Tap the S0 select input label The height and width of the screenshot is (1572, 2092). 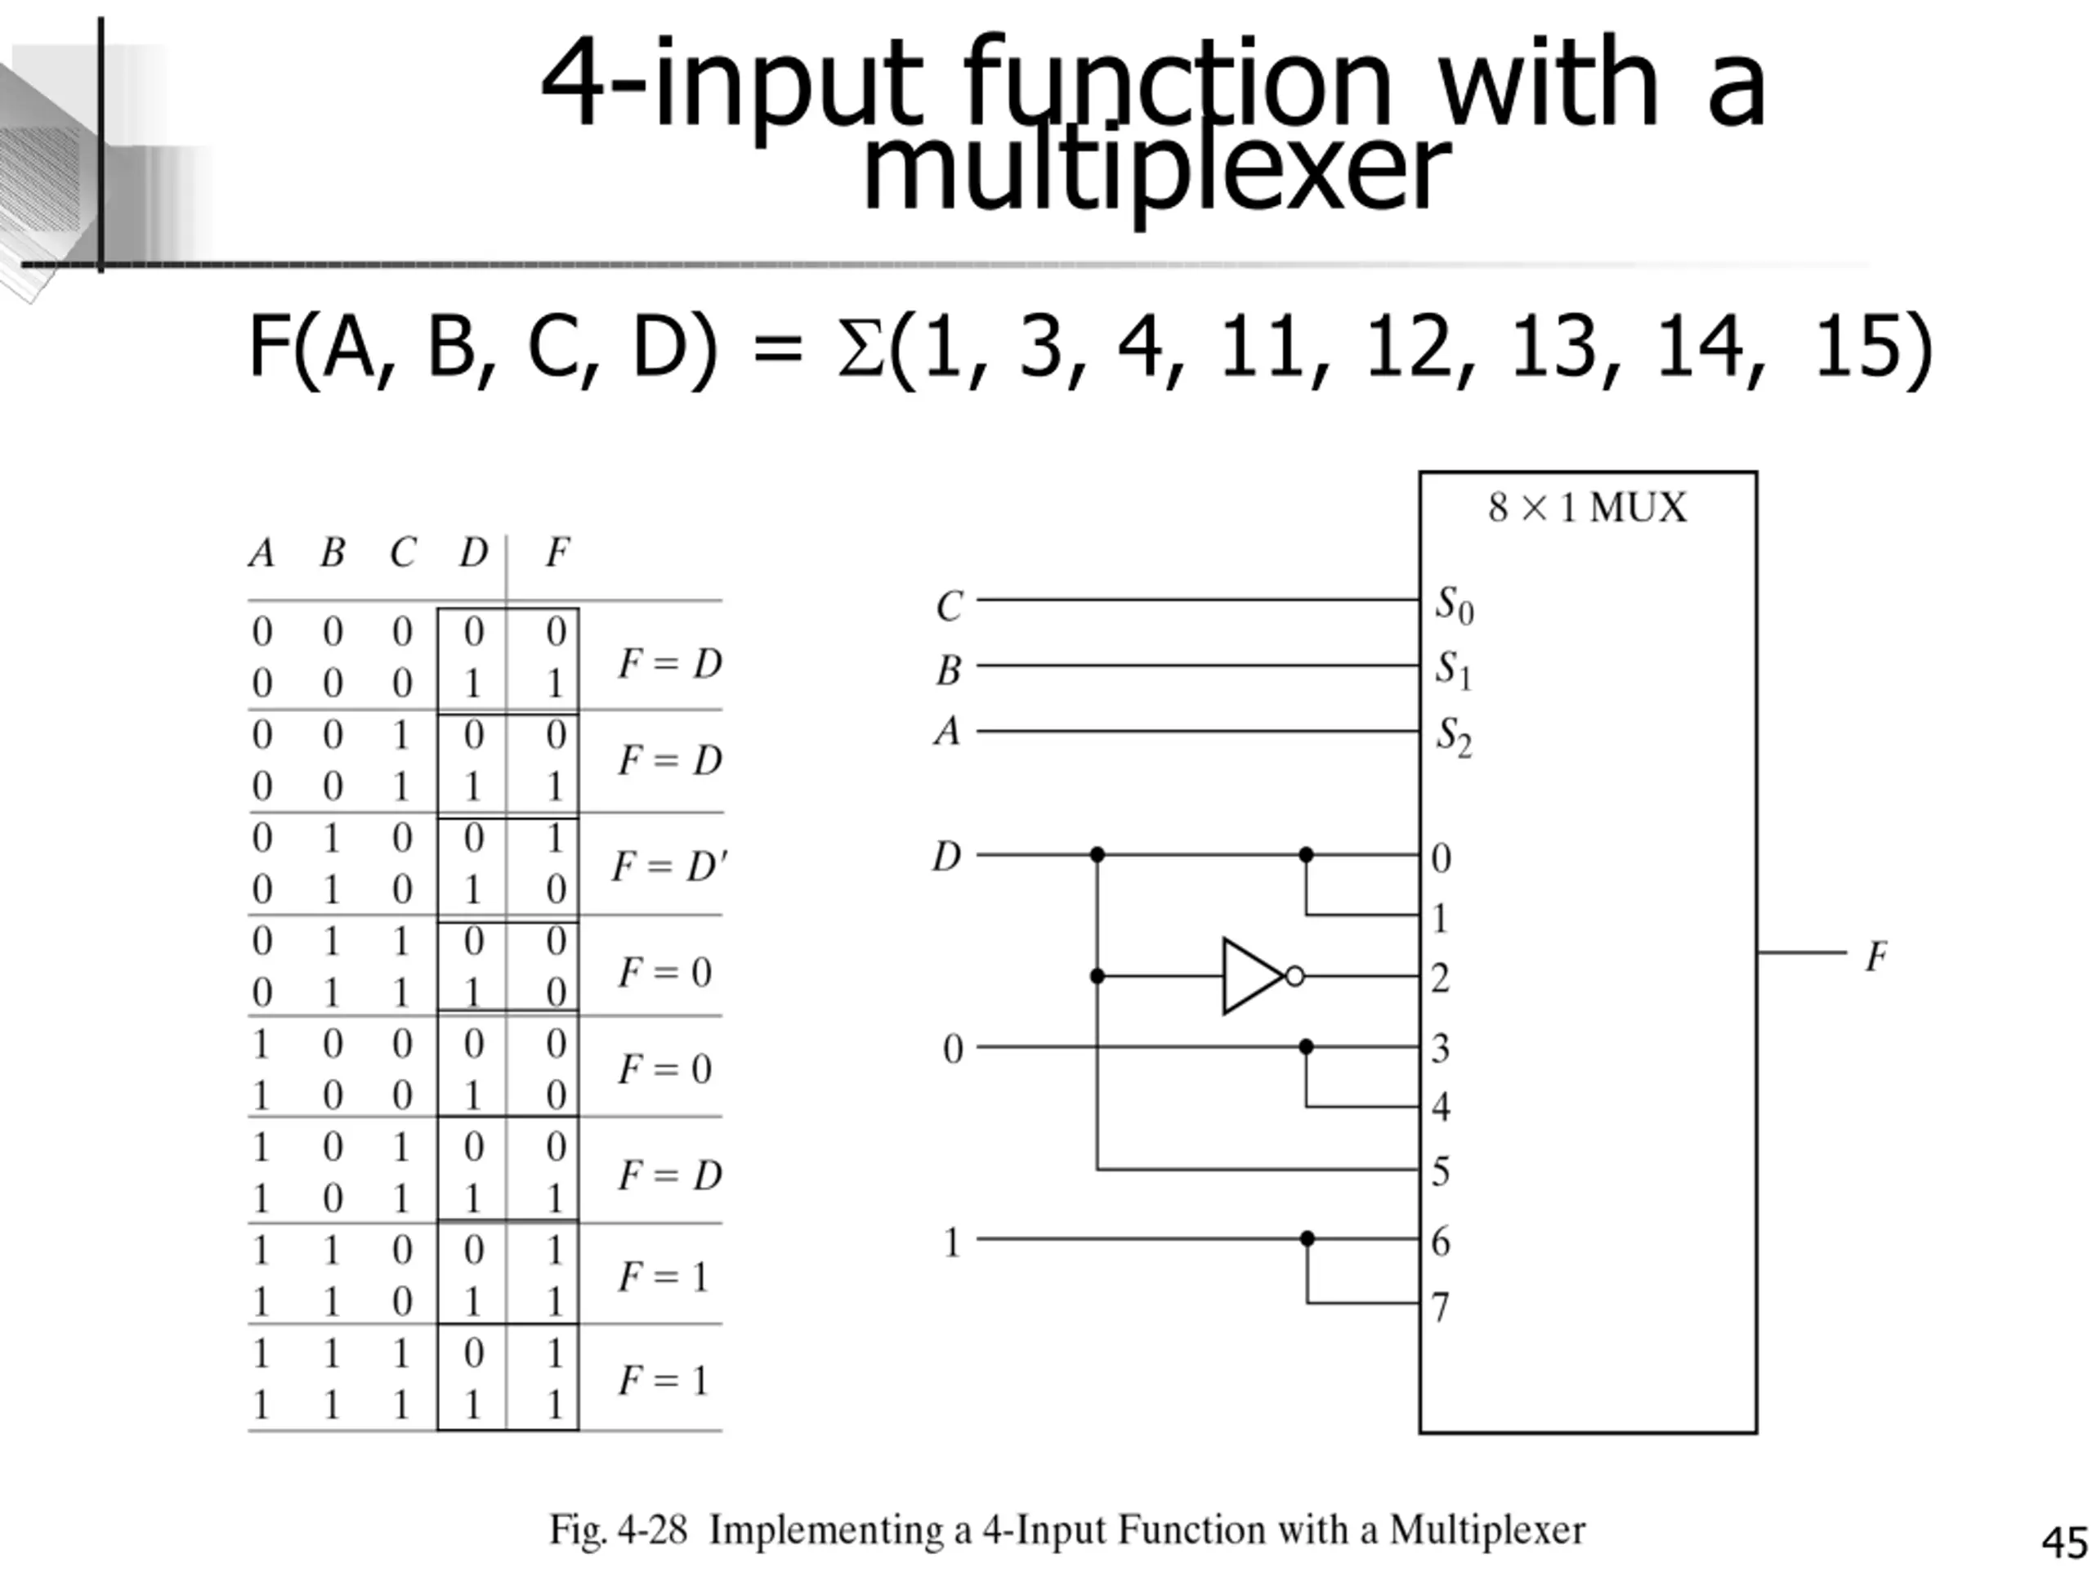click(1455, 606)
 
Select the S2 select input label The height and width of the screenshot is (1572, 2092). click(1455, 737)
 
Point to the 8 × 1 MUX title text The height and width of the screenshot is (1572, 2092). click(1587, 508)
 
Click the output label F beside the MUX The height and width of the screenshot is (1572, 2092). click(1876, 956)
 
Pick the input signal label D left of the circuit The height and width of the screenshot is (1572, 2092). click(946, 857)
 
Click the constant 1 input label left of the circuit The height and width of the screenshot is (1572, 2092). click(951, 1242)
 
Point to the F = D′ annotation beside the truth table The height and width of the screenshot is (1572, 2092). click(669, 866)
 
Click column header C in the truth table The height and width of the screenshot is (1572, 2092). click(403, 553)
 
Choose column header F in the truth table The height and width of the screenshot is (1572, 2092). click(558, 552)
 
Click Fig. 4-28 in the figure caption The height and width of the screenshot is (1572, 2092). click(619, 1529)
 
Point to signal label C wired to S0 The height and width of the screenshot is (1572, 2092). click(950, 607)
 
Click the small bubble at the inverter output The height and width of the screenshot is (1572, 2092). click(1294, 976)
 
